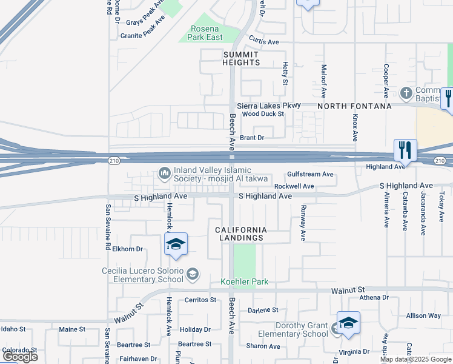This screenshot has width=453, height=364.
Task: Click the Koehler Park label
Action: [x=244, y=281]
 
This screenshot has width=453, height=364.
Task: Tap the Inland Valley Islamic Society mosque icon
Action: [x=164, y=174]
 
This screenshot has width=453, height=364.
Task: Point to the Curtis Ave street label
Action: [x=263, y=42]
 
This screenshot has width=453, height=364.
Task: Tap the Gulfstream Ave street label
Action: [x=310, y=174]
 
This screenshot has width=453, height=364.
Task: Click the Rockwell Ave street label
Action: [x=294, y=186]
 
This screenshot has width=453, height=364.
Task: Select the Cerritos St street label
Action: [x=200, y=300]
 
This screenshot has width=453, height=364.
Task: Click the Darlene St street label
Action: [x=262, y=310]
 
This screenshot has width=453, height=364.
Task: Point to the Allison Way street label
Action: [x=423, y=315]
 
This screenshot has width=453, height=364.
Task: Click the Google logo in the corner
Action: [x=20, y=357]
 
